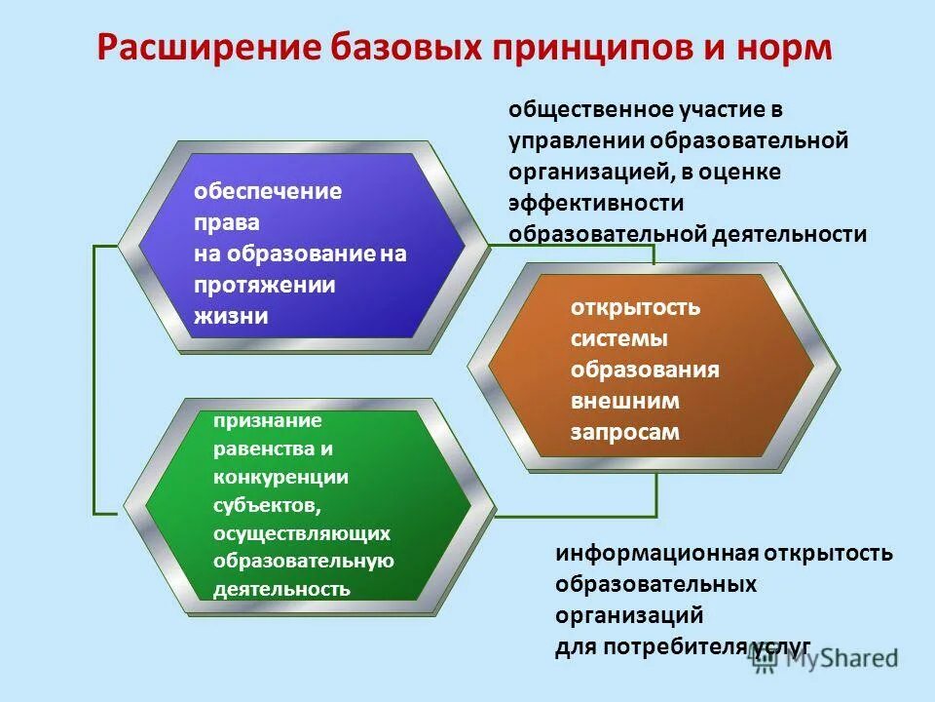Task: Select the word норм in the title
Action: coord(784,48)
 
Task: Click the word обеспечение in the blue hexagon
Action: coord(266,191)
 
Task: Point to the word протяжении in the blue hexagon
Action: coord(263,285)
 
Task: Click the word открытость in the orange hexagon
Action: coord(635,308)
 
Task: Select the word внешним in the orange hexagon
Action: coord(624,401)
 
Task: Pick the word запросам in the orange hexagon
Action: coord(624,432)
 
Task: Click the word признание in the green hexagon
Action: coord(266,421)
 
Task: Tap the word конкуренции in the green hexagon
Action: coord(280,477)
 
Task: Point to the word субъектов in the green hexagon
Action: coord(265,505)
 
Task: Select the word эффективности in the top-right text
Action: coord(595,203)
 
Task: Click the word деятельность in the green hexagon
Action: coord(280,589)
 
